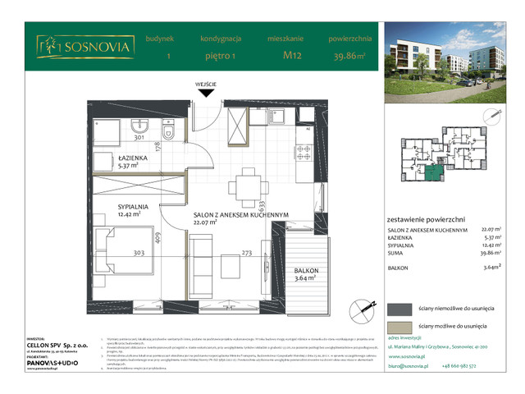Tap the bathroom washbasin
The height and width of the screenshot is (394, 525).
[x=139, y=127]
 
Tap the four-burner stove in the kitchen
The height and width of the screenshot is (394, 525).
[x=304, y=153]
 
